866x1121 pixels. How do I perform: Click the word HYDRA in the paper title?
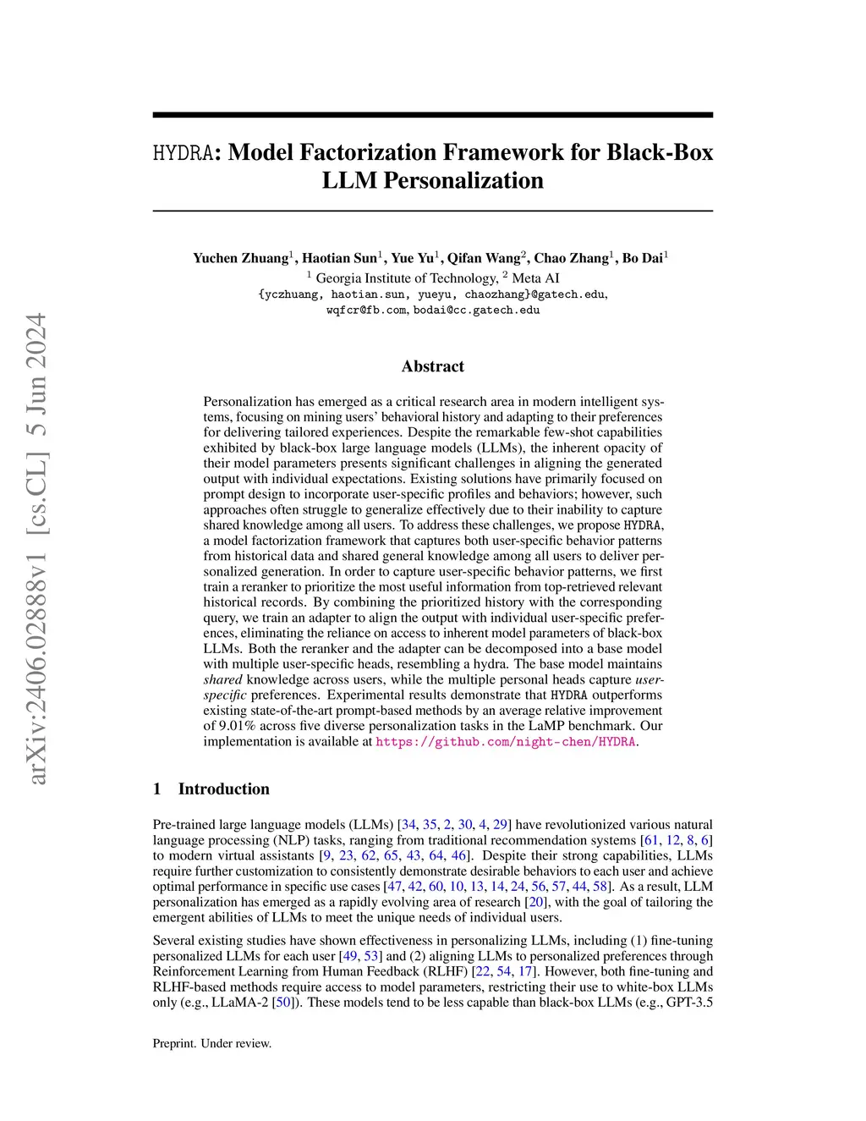(182, 153)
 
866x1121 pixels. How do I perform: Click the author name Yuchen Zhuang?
(240, 258)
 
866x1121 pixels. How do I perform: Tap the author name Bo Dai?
(643, 258)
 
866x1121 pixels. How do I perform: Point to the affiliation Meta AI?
(535, 278)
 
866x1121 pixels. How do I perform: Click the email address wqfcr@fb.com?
(366, 310)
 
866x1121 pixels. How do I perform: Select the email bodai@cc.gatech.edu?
(476, 310)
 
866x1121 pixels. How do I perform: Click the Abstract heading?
(432, 366)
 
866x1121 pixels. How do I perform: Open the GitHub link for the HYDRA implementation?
(505, 742)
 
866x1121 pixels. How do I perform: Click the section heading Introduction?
(223, 789)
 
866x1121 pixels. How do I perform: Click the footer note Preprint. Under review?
(212, 1043)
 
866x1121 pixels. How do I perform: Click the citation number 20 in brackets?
(535, 902)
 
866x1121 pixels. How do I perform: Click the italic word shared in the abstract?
(222, 679)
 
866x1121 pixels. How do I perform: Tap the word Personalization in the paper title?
(463, 181)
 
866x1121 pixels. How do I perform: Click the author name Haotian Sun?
(339, 258)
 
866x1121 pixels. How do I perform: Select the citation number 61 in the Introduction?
(650, 840)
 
